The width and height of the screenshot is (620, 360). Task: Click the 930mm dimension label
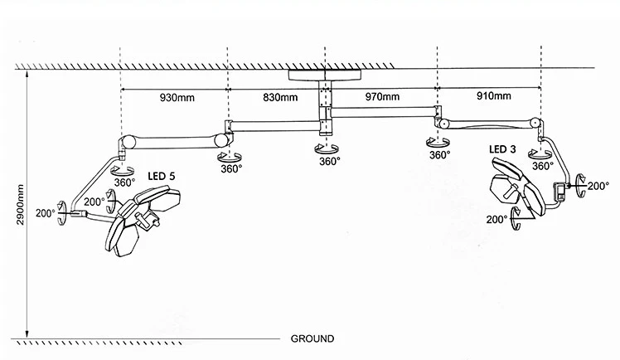click(x=177, y=97)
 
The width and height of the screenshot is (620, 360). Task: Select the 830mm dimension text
click(x=280, y=97)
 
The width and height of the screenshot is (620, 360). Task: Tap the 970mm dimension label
click(x=382, y=97)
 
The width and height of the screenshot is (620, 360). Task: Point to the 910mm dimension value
click(x=493, y=97)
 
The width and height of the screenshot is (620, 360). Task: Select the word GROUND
click(x=312, y=338)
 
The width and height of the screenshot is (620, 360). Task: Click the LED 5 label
click(x=162, y=177)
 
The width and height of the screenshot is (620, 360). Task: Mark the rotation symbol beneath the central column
click(x=322, y=148)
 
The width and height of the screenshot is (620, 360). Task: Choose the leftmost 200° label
click(x=45, y=213)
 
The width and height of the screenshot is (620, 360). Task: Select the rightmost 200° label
click(x=598, y=187)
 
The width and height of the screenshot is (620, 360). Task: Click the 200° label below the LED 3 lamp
click(x=497, y=220)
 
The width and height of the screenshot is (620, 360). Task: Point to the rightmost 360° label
click(x=543, y=166)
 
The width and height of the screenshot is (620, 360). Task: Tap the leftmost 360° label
click(x=124, y=182)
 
